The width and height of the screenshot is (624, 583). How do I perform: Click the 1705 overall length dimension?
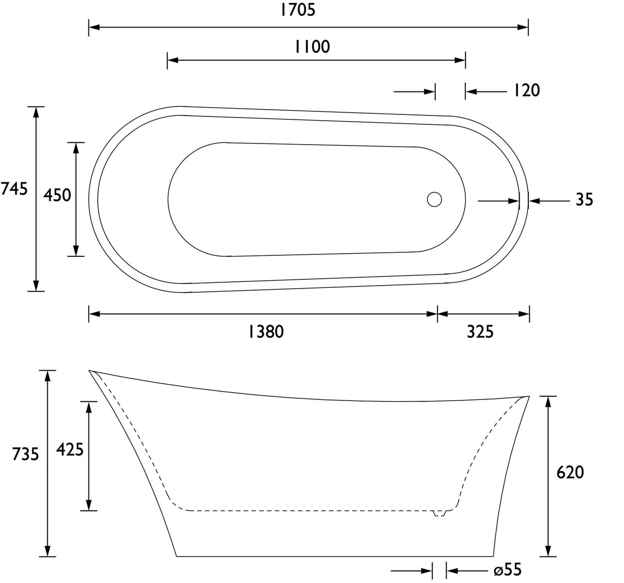pyautogui.click(x=297, y=10)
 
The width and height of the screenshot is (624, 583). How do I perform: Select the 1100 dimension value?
pyautogui.click(x=313, y=47)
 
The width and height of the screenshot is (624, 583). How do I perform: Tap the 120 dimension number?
pyautogui.click(x=526, y=90)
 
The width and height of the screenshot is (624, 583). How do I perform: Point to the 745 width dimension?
pyautogui.click(x=14, y=189)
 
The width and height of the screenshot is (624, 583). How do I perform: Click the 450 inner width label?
pyautogui.click(x=57, y=195)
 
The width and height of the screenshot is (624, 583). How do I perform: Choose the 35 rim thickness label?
pyautogui.click(x=584, y=200)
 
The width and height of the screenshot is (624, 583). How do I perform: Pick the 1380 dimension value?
pyautogui.click(x=266, y=332)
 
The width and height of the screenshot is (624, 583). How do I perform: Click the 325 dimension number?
pyautogui.click(x=480, y=332)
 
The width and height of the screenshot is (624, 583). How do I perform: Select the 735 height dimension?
pyautogui.click(x=25, y=454)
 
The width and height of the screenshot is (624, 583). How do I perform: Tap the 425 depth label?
pyautogui.click(x=70, y=449)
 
